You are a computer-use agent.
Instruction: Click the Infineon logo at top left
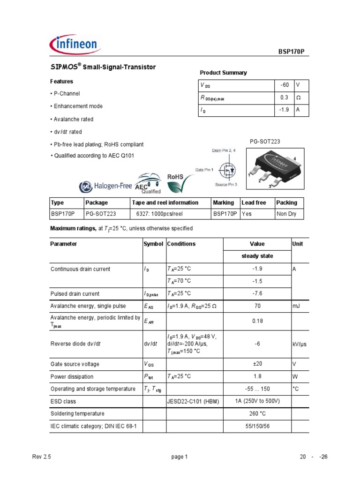74,45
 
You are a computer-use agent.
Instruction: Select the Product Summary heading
223,73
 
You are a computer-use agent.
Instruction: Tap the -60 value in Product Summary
284,85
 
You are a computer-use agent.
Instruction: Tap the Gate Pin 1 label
204,169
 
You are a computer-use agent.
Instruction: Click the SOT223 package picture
274,169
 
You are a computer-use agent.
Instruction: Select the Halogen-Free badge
106,186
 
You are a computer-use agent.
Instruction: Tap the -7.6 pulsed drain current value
257,294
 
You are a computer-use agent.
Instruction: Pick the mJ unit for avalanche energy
297,306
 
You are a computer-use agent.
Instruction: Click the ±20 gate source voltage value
257,364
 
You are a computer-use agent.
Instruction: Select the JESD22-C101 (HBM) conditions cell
194,402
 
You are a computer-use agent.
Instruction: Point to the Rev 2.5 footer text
41,457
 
